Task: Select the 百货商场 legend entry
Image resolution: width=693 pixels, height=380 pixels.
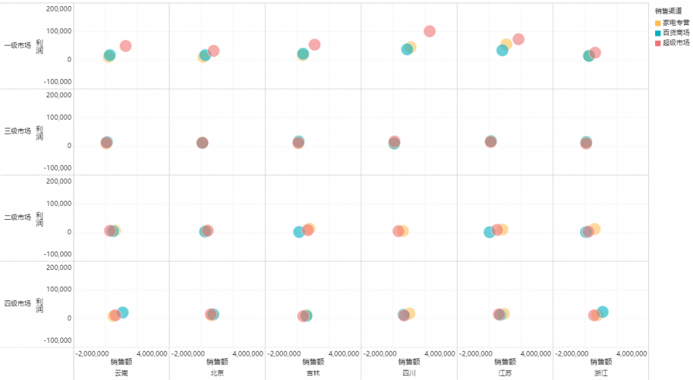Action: (676, 32)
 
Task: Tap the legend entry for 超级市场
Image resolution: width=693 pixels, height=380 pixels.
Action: (676, 43)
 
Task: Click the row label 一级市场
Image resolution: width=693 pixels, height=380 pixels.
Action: (18, 46)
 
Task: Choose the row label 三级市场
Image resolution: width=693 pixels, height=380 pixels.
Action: (18, 131)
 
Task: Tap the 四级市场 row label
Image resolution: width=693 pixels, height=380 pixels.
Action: (18, 304)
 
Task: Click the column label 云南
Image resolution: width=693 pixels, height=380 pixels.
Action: (121, 373)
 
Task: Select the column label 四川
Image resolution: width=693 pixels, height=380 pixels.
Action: (409, 373)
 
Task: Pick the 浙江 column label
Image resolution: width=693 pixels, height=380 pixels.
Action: (601, 373)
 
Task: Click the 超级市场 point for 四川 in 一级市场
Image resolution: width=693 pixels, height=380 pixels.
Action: (429, 31)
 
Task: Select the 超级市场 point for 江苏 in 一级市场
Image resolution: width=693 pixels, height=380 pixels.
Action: (518, 39)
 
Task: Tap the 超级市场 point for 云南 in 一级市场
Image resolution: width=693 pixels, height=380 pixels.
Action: (125, 46)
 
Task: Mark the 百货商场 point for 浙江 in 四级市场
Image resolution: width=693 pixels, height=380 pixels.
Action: (602, 312)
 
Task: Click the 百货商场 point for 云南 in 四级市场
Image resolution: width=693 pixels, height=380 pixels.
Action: (122, 312)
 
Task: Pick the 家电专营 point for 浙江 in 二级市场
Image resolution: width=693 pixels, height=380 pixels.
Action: (595, 229)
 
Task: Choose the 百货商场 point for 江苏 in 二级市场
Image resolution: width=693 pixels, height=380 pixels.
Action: (489, 232)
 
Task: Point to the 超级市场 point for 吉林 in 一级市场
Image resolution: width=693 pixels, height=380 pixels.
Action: (314, 45)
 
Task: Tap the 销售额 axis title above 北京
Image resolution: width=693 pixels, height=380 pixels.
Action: (217, 362)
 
